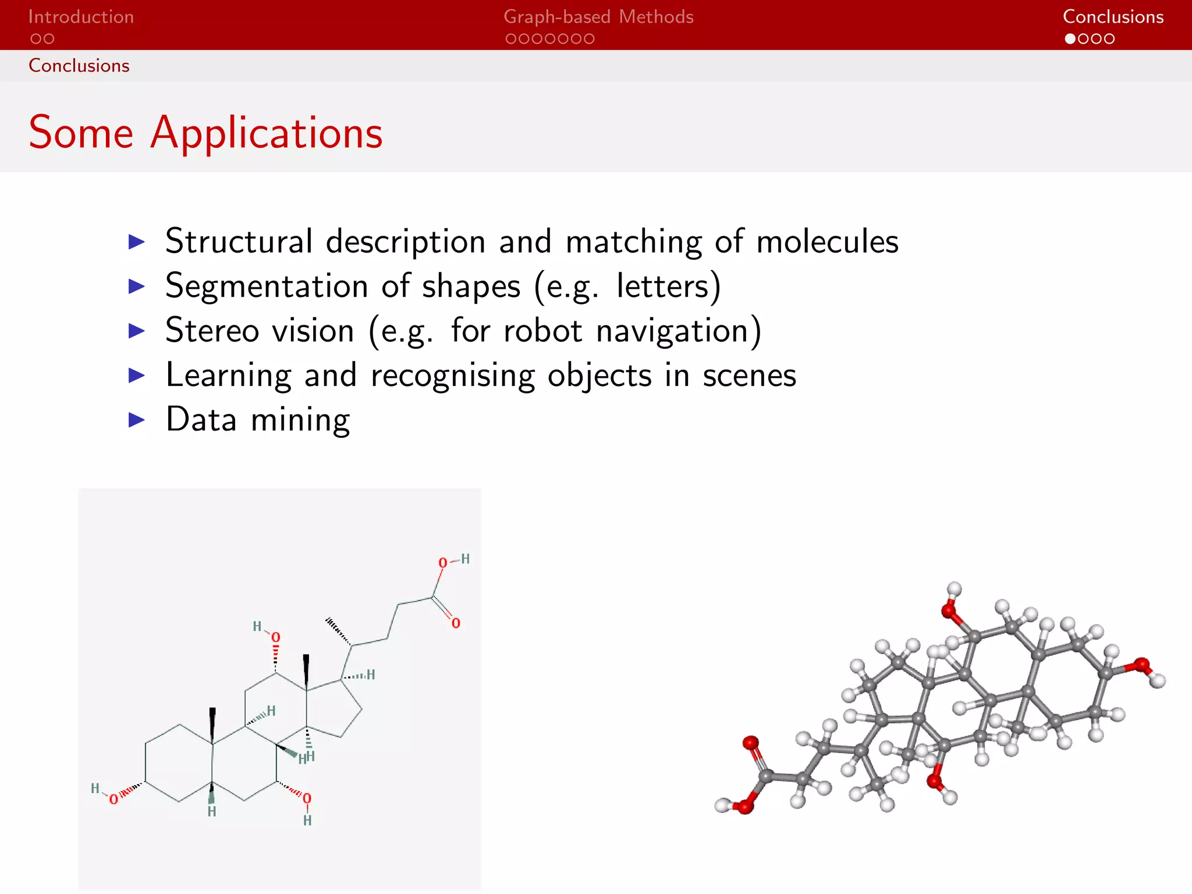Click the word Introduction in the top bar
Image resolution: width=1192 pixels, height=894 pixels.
click(81, 17)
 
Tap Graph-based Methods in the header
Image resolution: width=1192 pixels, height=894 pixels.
click(598, 17)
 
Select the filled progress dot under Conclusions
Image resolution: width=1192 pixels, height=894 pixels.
click(1070, 39)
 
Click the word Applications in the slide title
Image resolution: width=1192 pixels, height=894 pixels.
click(267, 133)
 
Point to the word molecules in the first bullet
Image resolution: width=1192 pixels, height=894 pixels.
click(827, 241)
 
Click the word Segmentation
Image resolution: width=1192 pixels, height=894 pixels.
click(266, 286)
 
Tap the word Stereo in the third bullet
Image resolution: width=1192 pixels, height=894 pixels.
click(212, 331)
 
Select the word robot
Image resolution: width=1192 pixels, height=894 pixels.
click(542, 331)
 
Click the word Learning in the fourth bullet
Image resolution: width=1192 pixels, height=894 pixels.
click(228, 375)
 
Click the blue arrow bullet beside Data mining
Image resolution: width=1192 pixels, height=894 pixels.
click(136, 420)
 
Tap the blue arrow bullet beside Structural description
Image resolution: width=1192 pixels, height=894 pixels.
click(136, 241)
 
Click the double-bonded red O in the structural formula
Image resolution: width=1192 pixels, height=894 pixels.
click(456, 623)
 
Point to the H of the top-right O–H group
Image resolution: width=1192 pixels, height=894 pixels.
click(465, 559)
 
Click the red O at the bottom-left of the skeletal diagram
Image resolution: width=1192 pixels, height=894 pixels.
click(113, 799)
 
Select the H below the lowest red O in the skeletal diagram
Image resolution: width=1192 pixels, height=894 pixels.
click(307, 821)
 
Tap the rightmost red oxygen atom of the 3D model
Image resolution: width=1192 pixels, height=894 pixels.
click(1141, 665)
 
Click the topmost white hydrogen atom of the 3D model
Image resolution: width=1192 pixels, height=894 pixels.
click(954, 588)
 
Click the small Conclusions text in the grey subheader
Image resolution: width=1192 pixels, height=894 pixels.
click(79, 66)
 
